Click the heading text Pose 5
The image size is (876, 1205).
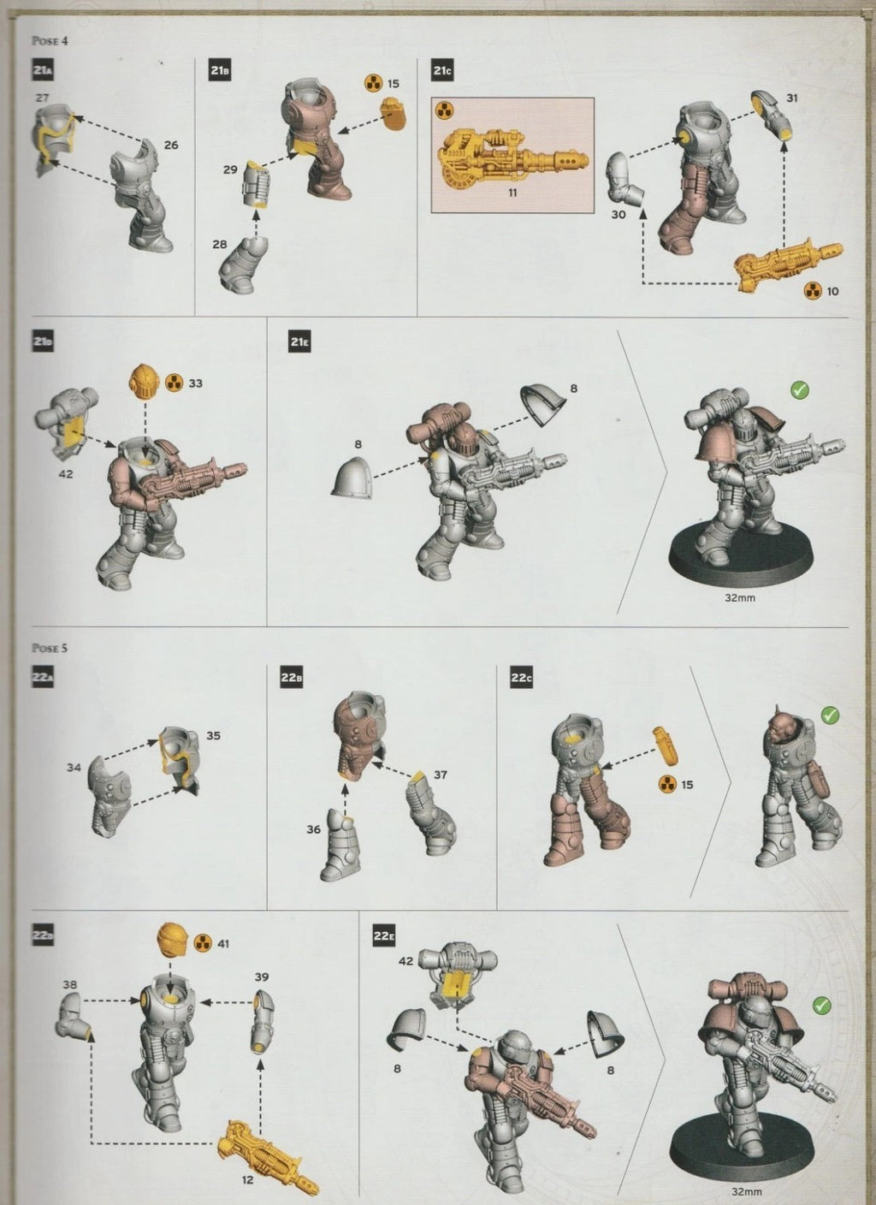(48, 648)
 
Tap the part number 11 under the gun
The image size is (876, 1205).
(512, 193)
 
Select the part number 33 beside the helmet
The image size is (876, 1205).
(195, 383)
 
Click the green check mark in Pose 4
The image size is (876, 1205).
(800, 390)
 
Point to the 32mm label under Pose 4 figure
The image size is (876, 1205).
(740, 598)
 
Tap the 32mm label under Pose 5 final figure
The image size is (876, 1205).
(748, 1190)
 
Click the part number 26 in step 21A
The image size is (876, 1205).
(171, 145)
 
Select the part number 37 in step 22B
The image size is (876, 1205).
(441, 775)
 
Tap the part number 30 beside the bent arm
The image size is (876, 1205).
(619, 215)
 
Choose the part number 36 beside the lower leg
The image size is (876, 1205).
(314, 829)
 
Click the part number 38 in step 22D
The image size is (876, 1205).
(69, 985)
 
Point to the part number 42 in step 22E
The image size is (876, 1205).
(405, 961)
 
